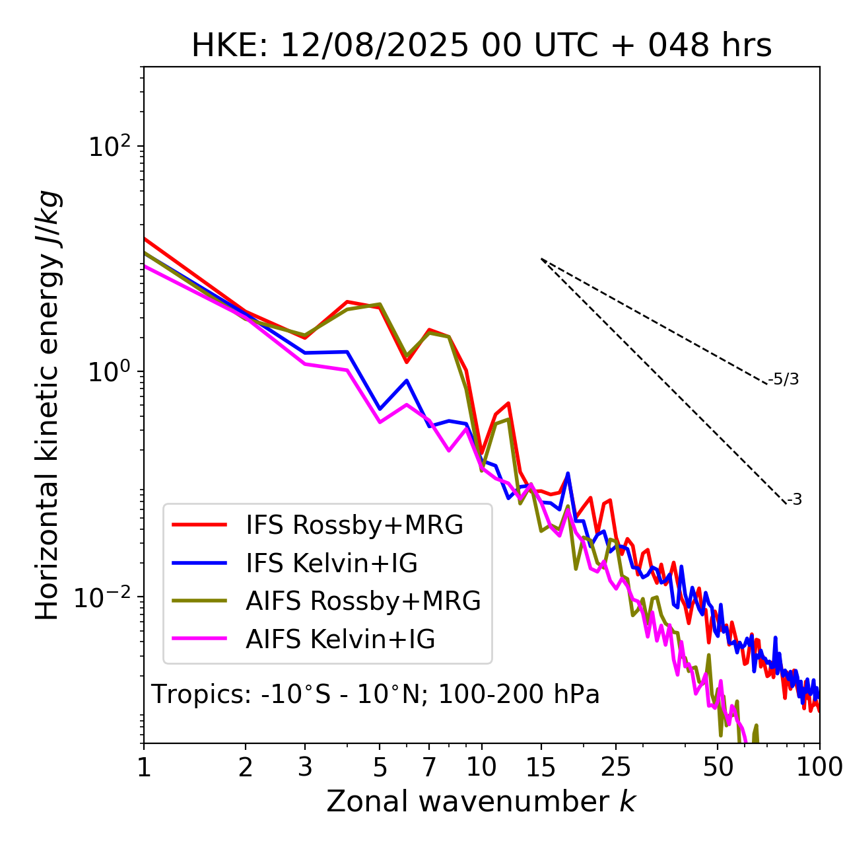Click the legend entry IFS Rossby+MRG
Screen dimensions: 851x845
tap(355, 525)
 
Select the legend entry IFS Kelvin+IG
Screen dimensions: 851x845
tap(331, 564)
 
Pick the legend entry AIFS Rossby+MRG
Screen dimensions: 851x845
tap(363, 601)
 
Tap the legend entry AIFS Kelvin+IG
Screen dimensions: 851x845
tap(340, 640)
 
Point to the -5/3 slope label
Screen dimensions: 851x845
tap(784, 379)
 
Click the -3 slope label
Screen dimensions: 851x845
tap(795, 500)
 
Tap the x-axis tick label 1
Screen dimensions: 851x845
tap(144, 767)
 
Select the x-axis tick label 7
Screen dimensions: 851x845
tap(429, 767)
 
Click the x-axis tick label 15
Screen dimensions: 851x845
tap(541, 767)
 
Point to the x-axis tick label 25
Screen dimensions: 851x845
tap(616, 767)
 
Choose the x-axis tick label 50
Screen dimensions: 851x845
tap(718, 767)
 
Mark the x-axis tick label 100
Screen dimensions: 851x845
tap(819, 767)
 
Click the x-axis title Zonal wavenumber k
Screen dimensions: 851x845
tap(481, 801)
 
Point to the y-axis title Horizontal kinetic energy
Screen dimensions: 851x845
tap(48, 405)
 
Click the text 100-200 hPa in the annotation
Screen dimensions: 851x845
tap(519, 694)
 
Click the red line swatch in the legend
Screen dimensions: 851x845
tap(199, 525)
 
